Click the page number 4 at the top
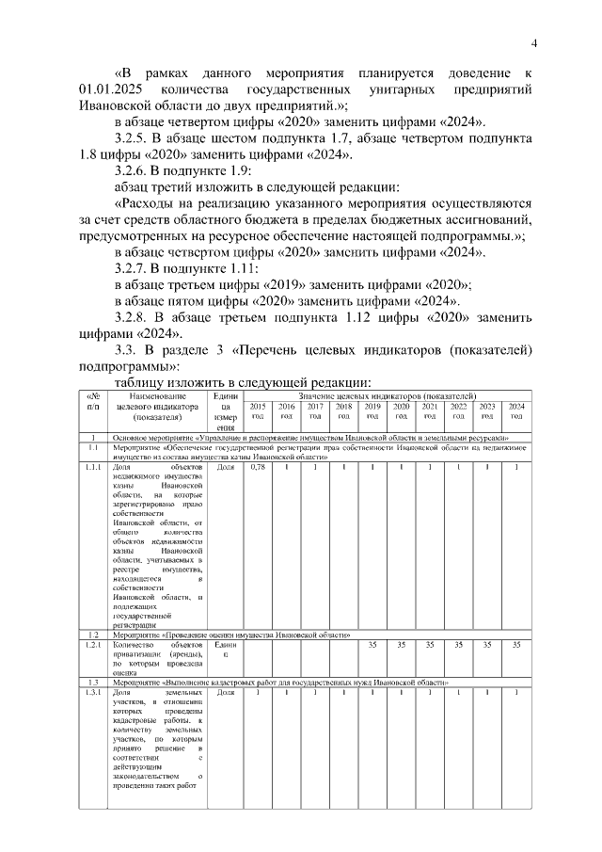[533, 42]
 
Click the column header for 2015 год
[257, 410]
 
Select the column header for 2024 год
[515, 410]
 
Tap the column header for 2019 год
[372, 410]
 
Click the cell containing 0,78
[257, 466]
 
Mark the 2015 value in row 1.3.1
[257, 692]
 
